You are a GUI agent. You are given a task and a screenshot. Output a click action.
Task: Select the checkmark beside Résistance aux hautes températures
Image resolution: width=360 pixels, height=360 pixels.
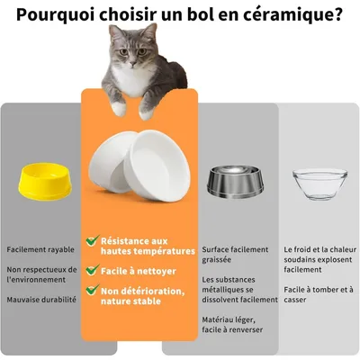click(x=91, y=241)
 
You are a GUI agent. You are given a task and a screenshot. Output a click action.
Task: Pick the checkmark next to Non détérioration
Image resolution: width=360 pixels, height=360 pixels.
click(x=91, y=291)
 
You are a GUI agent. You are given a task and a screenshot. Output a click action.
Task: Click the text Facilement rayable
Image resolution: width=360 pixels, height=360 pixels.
click(x=40, y=249)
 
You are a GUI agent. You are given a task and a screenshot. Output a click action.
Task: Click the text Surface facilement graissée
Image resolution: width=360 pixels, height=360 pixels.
click(x=235, y=254)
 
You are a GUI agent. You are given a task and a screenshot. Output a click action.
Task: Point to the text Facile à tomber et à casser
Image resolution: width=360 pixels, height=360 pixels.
click(x=318, y=294)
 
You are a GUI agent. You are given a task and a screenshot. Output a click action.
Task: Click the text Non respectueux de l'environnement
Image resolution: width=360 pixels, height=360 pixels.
click(x=40, y=274)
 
